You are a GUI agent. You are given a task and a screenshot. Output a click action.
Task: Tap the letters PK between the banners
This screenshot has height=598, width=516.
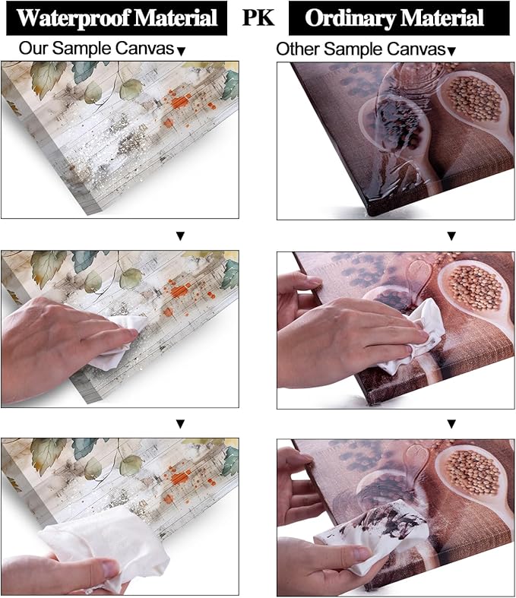point(258,17)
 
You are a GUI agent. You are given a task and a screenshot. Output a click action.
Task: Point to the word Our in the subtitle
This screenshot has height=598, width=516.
point(34,49)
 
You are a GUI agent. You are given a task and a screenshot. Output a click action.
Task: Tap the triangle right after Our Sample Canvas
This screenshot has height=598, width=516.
point(182,52)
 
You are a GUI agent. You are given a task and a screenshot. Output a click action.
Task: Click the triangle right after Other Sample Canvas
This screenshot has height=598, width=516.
point(451,51)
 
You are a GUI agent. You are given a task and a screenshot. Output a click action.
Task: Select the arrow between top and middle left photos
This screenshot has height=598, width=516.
point(180,236)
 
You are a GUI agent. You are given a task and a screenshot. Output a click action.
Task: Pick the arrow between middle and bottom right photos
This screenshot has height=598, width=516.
point(451,424)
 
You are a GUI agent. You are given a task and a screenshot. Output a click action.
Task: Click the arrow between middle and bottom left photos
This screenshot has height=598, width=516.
point(180,424)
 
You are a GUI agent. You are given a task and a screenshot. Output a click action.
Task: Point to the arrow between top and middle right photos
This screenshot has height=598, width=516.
point(451,236)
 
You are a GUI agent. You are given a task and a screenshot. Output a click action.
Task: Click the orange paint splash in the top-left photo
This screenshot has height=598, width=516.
point(180,102)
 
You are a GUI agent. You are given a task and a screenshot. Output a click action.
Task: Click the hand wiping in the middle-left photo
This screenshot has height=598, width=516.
point(57,349)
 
